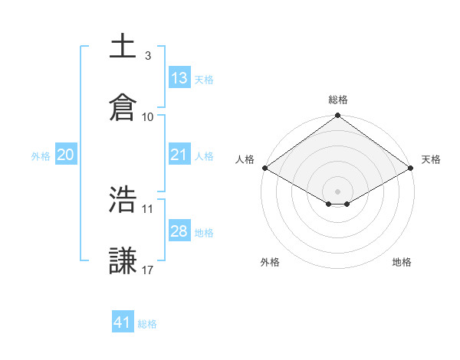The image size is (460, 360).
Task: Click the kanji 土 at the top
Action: (x=123, y=47)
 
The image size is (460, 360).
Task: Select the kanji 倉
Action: (x=123, y=107)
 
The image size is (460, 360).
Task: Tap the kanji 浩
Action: (x=123, y=200)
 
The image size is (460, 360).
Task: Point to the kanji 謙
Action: (x=123, y=261)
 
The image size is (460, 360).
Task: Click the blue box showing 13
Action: (x=179, y=77)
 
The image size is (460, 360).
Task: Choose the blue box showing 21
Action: (x=179, y=155)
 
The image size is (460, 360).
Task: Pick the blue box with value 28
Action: (x=179, y=231)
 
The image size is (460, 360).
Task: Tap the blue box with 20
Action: (x=66, y=155)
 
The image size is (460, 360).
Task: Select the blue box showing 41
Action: (x=123, y=322)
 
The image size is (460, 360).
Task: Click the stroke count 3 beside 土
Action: (x=147, y=56)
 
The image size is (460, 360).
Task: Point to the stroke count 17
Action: (x=148, y=270)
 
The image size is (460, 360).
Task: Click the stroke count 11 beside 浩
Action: (x=148, y=208)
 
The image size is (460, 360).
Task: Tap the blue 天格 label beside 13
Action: (x=204, y=79)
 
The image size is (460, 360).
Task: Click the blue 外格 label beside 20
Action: (x=41, y=155)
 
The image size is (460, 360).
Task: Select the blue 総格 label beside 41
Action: (x=147, y=324)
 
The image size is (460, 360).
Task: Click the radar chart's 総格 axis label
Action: (x=338, y=100)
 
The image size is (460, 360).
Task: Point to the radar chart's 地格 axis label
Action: (x=402, y=262)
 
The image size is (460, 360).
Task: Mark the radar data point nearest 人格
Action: (x=264, y=168)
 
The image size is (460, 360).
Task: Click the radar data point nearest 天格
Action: (x=412, y=168)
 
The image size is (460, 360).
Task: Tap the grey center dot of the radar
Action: (x=338, y=191)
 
